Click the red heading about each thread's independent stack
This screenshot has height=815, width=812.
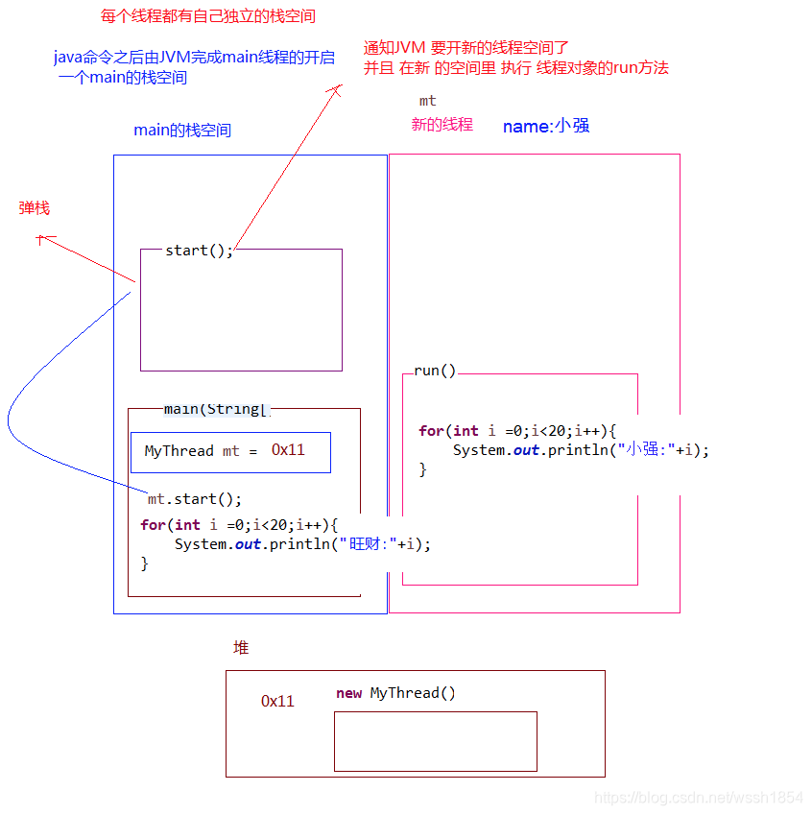[x=207, y=16]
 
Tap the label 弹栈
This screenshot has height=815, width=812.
[x=35, y=207]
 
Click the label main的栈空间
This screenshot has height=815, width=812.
[x=182, y=130]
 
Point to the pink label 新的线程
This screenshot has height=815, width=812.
[x=442, y=124]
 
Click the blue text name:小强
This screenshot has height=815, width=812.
[x=545, y=126]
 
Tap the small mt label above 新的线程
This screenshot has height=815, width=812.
[x=427, y=101]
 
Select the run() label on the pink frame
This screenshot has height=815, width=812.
[x=435, y=372]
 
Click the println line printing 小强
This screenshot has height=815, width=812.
[x=581, y=449]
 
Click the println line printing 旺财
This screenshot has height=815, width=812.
[x=302, y=543]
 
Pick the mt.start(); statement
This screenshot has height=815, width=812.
[x=195, y=499]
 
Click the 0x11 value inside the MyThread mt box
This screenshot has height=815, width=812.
[x=287, y=449]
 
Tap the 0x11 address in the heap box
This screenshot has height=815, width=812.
[x=277, y=701]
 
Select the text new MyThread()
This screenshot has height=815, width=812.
[x=395, y=693]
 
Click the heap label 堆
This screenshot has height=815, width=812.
[x=241, y=648]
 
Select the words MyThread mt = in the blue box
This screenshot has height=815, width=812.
[x=201, y=451]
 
